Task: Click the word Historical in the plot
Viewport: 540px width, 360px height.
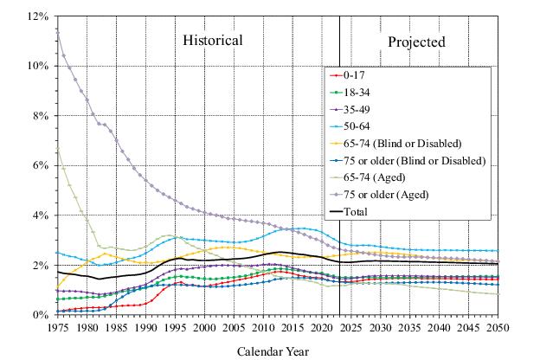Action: pyautogui.click(x=212, y=41)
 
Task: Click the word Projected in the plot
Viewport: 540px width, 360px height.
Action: pyautogui.click(x=416, y=42)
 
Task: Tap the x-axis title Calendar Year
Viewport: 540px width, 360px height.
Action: pyautogui.click(x=273, y=351)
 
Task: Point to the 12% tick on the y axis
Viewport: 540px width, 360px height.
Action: pyautogui.click(x=36, y=16)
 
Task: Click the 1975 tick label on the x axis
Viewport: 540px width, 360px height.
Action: pyautogui.click(x=57, y=329)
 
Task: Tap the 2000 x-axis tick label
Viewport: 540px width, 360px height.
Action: pyautogui.click(x=204, y=329)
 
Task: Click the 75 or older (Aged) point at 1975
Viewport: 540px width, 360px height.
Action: pyautogui.click(x=57, y=29)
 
